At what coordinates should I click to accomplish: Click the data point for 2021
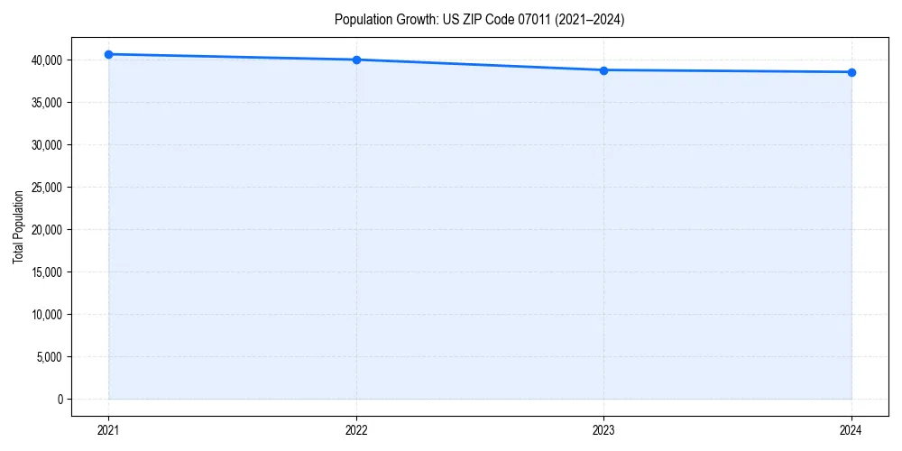tap(108, 54)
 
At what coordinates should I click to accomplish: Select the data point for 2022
tap(356, 60)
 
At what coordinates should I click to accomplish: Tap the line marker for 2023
tap(603, 70)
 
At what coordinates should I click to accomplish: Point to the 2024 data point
tap(851, 72)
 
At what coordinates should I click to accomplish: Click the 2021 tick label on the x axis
tap(108, 429)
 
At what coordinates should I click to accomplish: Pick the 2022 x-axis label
tap(356, 429)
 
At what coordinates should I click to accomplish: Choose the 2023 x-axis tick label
tap(603, 429)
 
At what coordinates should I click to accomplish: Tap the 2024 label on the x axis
tap(851, 429)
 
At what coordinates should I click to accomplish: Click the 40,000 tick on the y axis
tap(47, 60)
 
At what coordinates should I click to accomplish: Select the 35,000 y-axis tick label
tap(47, 102)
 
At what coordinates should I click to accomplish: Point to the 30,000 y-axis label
tap(47, 144)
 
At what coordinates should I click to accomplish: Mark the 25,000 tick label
tap(47, 187)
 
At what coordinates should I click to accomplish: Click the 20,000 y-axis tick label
tap(47, 229)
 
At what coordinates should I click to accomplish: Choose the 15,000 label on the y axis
tap(47, 272)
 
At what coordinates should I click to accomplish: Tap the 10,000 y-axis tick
tap(47, 314)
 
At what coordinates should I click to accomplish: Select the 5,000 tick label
tap(50, 356)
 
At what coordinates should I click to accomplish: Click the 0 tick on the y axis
tap(60, 399)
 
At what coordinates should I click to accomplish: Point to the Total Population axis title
tap(18, 226)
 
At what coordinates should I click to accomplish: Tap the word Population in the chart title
tap(364, 19)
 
